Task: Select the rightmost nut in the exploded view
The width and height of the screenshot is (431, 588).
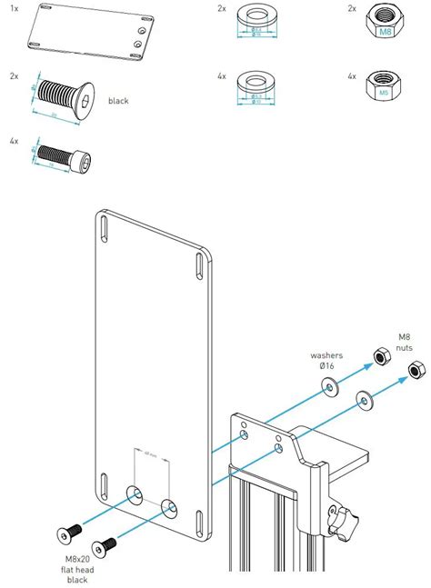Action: coord(413,370)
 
